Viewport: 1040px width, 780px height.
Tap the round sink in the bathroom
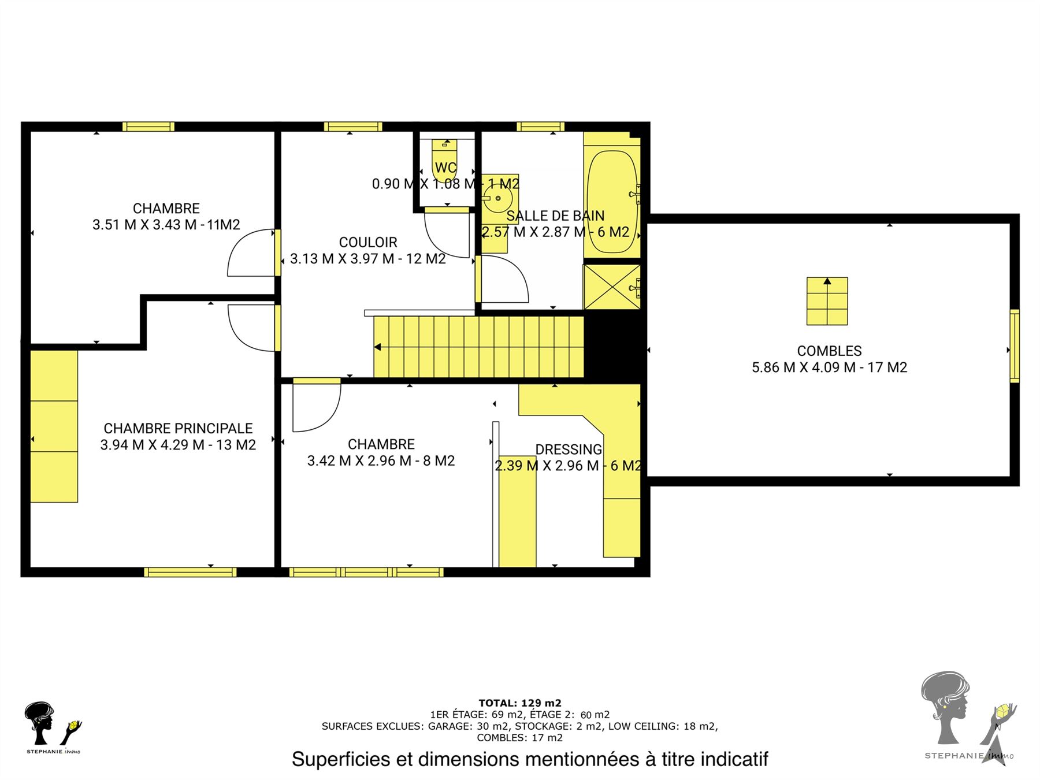[498, 199]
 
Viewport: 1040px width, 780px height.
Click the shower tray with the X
[612, 287]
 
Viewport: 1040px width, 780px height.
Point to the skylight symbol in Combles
[827, 301]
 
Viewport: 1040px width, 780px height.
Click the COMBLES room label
[829, 351]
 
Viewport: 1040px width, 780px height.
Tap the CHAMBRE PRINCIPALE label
[178, 428]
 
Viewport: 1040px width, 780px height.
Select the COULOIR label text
[368, 242]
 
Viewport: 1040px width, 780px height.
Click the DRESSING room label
[569, 450]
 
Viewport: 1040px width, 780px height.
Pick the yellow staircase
[479, 347]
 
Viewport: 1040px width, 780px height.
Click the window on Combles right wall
[1015, 346]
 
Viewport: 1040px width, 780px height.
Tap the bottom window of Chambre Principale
[190, 572]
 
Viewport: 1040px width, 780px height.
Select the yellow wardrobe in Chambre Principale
[54, 426]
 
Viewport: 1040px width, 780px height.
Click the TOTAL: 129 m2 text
[520, 703]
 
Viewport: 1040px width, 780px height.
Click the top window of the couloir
[353, 127]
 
